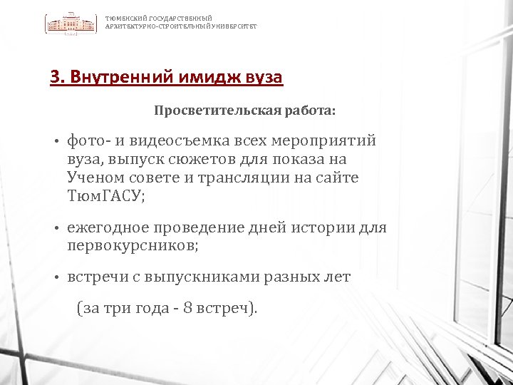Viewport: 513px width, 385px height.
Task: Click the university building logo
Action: coord(72,23)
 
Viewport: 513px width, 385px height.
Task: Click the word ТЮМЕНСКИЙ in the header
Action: coord(123,19)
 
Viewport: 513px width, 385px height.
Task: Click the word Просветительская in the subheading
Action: coord(201,112)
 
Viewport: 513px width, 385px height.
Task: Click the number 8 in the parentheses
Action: coord(187,309)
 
